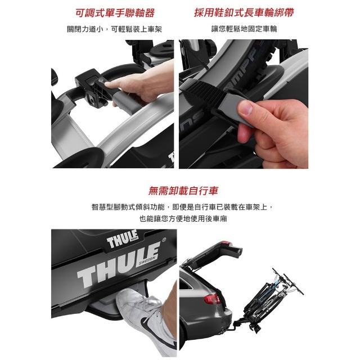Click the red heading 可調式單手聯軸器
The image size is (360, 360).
[115, 13]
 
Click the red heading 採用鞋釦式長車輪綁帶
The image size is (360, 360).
[244, 12]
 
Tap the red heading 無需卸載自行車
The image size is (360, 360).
[183, 191]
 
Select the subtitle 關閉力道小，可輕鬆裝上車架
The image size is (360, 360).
[115, 29]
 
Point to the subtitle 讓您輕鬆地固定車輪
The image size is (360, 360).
[244, 29]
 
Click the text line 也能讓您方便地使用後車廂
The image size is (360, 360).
[183, 218]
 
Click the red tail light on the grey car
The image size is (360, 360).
[211, 299]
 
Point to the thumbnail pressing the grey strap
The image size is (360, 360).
[246, 108]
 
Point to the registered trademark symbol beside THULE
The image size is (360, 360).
[164, 240]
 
